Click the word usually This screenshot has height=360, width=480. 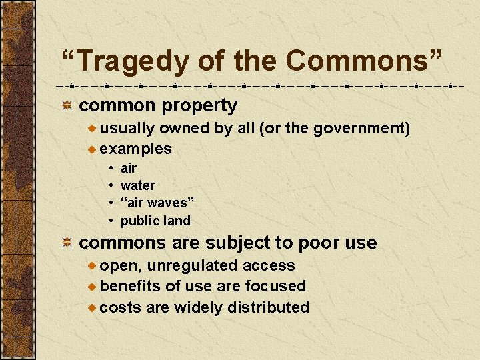(x=128, y=128)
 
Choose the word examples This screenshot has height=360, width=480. (x=136, y=149)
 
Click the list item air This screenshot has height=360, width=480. (x=128, y=168)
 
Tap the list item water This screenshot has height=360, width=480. (x=137, y=185)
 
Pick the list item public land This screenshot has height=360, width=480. (x=155, y=221)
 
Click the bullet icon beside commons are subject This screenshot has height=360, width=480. (x=67, y=243)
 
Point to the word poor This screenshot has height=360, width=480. (x=322, y=243)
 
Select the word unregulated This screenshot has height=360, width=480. (x=193, y=265)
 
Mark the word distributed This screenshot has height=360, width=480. (x=268, y=307)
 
